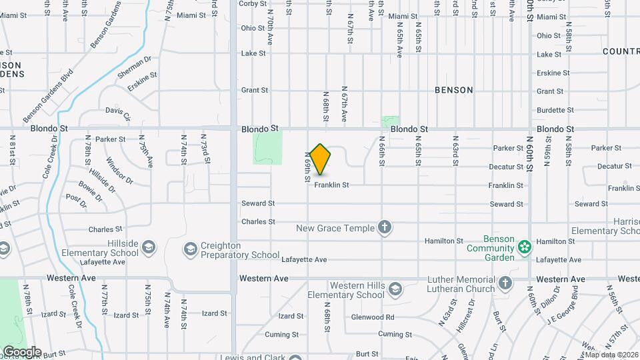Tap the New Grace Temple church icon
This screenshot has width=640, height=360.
pyautogui.click(x=384, y=228)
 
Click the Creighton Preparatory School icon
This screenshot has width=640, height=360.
pyautogui.click(x=191, y=249)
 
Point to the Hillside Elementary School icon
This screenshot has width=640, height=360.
pyautogui.click(x=148, y=248)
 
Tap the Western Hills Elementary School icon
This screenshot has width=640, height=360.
pyautogui.click(x=395, y=289)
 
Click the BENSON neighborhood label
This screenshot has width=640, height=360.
pyautogui.click(x=453, y=90)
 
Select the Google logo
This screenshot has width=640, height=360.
pyautogui.click(x=21, y=352)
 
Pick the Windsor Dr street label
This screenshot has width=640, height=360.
pyautogui.click(x=119, y=171)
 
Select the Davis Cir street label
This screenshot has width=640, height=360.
pyautogui.click(x=118, y=113)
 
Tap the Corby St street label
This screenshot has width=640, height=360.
pyautogui.click(x=253, y=3)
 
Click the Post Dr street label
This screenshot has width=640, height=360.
pyautogui.click(x=77, y=199)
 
